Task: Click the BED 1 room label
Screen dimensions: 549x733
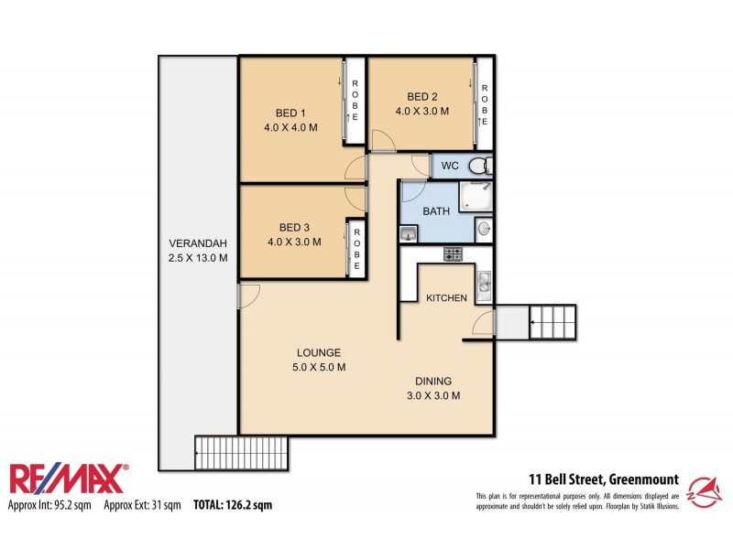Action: [290, 113]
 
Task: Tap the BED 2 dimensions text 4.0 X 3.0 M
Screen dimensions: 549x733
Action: [422, 112]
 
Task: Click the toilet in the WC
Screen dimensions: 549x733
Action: [477, 166]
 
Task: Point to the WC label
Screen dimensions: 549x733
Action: [450, 166]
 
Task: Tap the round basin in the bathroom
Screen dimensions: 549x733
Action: [483, 229]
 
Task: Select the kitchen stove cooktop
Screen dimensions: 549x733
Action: [453, 254]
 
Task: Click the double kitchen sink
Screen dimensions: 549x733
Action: [485, 284]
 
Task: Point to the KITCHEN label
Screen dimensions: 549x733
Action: [446, 298]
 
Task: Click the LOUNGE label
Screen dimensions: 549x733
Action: [318, 352]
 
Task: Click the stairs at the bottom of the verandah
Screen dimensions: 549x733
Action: [242, 451]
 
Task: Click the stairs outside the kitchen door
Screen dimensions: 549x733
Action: [553, 321]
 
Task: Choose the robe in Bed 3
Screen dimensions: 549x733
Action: [356, 248]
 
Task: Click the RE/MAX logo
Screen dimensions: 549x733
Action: [68, 479]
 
